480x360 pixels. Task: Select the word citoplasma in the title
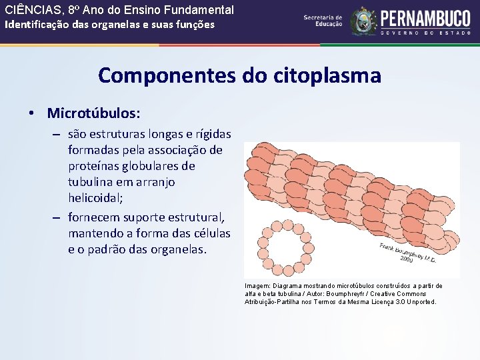[x=327, y=75]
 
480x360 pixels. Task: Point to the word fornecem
[x=97, y=218]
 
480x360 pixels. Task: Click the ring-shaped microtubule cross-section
[x=279, y=245]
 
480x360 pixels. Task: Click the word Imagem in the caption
[x=257, y=286]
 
